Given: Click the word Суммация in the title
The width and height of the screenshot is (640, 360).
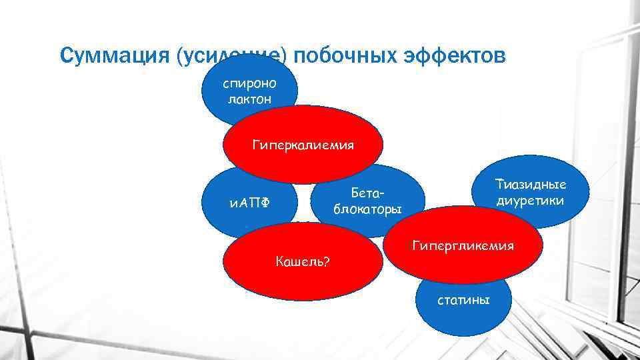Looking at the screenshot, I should click(115, 56).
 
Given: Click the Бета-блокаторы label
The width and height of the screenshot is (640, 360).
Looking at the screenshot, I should click(367, 201).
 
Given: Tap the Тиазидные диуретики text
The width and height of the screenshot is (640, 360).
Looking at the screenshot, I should click(530, 193).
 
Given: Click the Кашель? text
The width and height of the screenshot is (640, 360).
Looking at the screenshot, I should click(303, 260).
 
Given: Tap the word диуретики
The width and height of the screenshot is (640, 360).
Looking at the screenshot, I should click(530, 201).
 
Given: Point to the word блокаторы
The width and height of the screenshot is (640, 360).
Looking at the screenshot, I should click(367, 209).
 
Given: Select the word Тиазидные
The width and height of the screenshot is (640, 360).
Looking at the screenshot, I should click(530, 185).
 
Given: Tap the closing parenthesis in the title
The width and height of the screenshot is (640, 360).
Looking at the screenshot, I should click(289, 57).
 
